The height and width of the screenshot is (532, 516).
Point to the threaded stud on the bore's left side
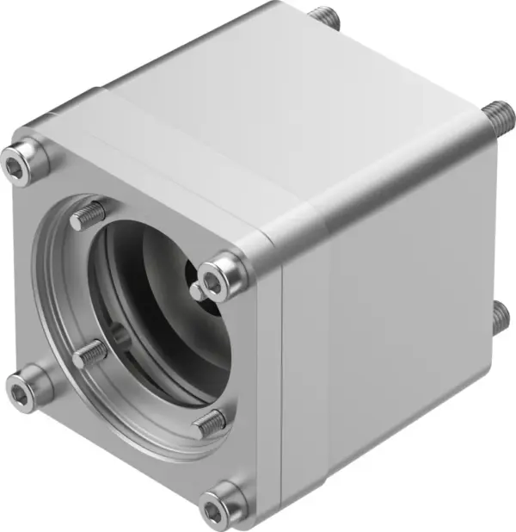point(88,355)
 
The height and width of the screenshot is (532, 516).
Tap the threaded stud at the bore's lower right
point(209,424)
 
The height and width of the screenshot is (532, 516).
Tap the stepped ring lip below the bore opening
point(129,430)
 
